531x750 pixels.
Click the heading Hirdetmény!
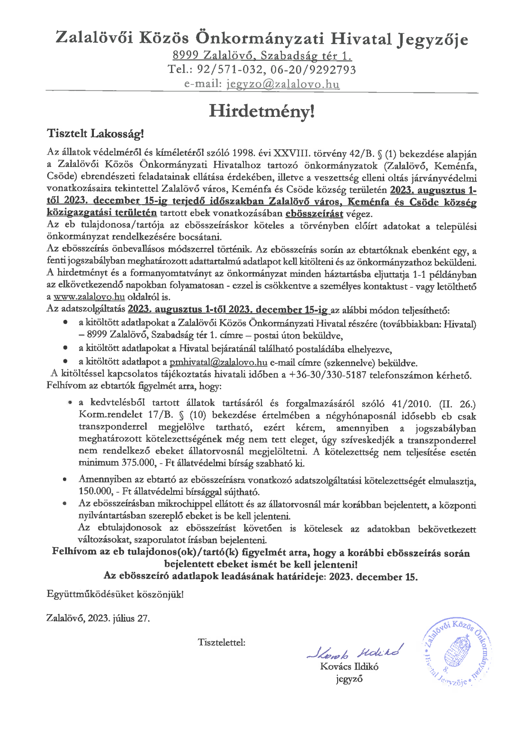click(x=261, y=111)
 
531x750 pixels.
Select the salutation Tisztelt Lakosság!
click(x=95, y=134)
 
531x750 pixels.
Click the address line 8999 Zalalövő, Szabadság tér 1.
click(x=262, y=55)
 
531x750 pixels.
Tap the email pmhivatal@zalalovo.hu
click(x=219, y=363)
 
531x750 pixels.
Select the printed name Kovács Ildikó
click(x=349, y=667)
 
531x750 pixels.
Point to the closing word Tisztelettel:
click(x=222, y=643)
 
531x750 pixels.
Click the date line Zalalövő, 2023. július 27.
click(x=98, y=619)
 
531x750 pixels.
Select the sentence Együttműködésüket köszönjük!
click(x=115, y=594)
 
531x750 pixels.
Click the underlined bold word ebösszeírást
click(x=314, y=213)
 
